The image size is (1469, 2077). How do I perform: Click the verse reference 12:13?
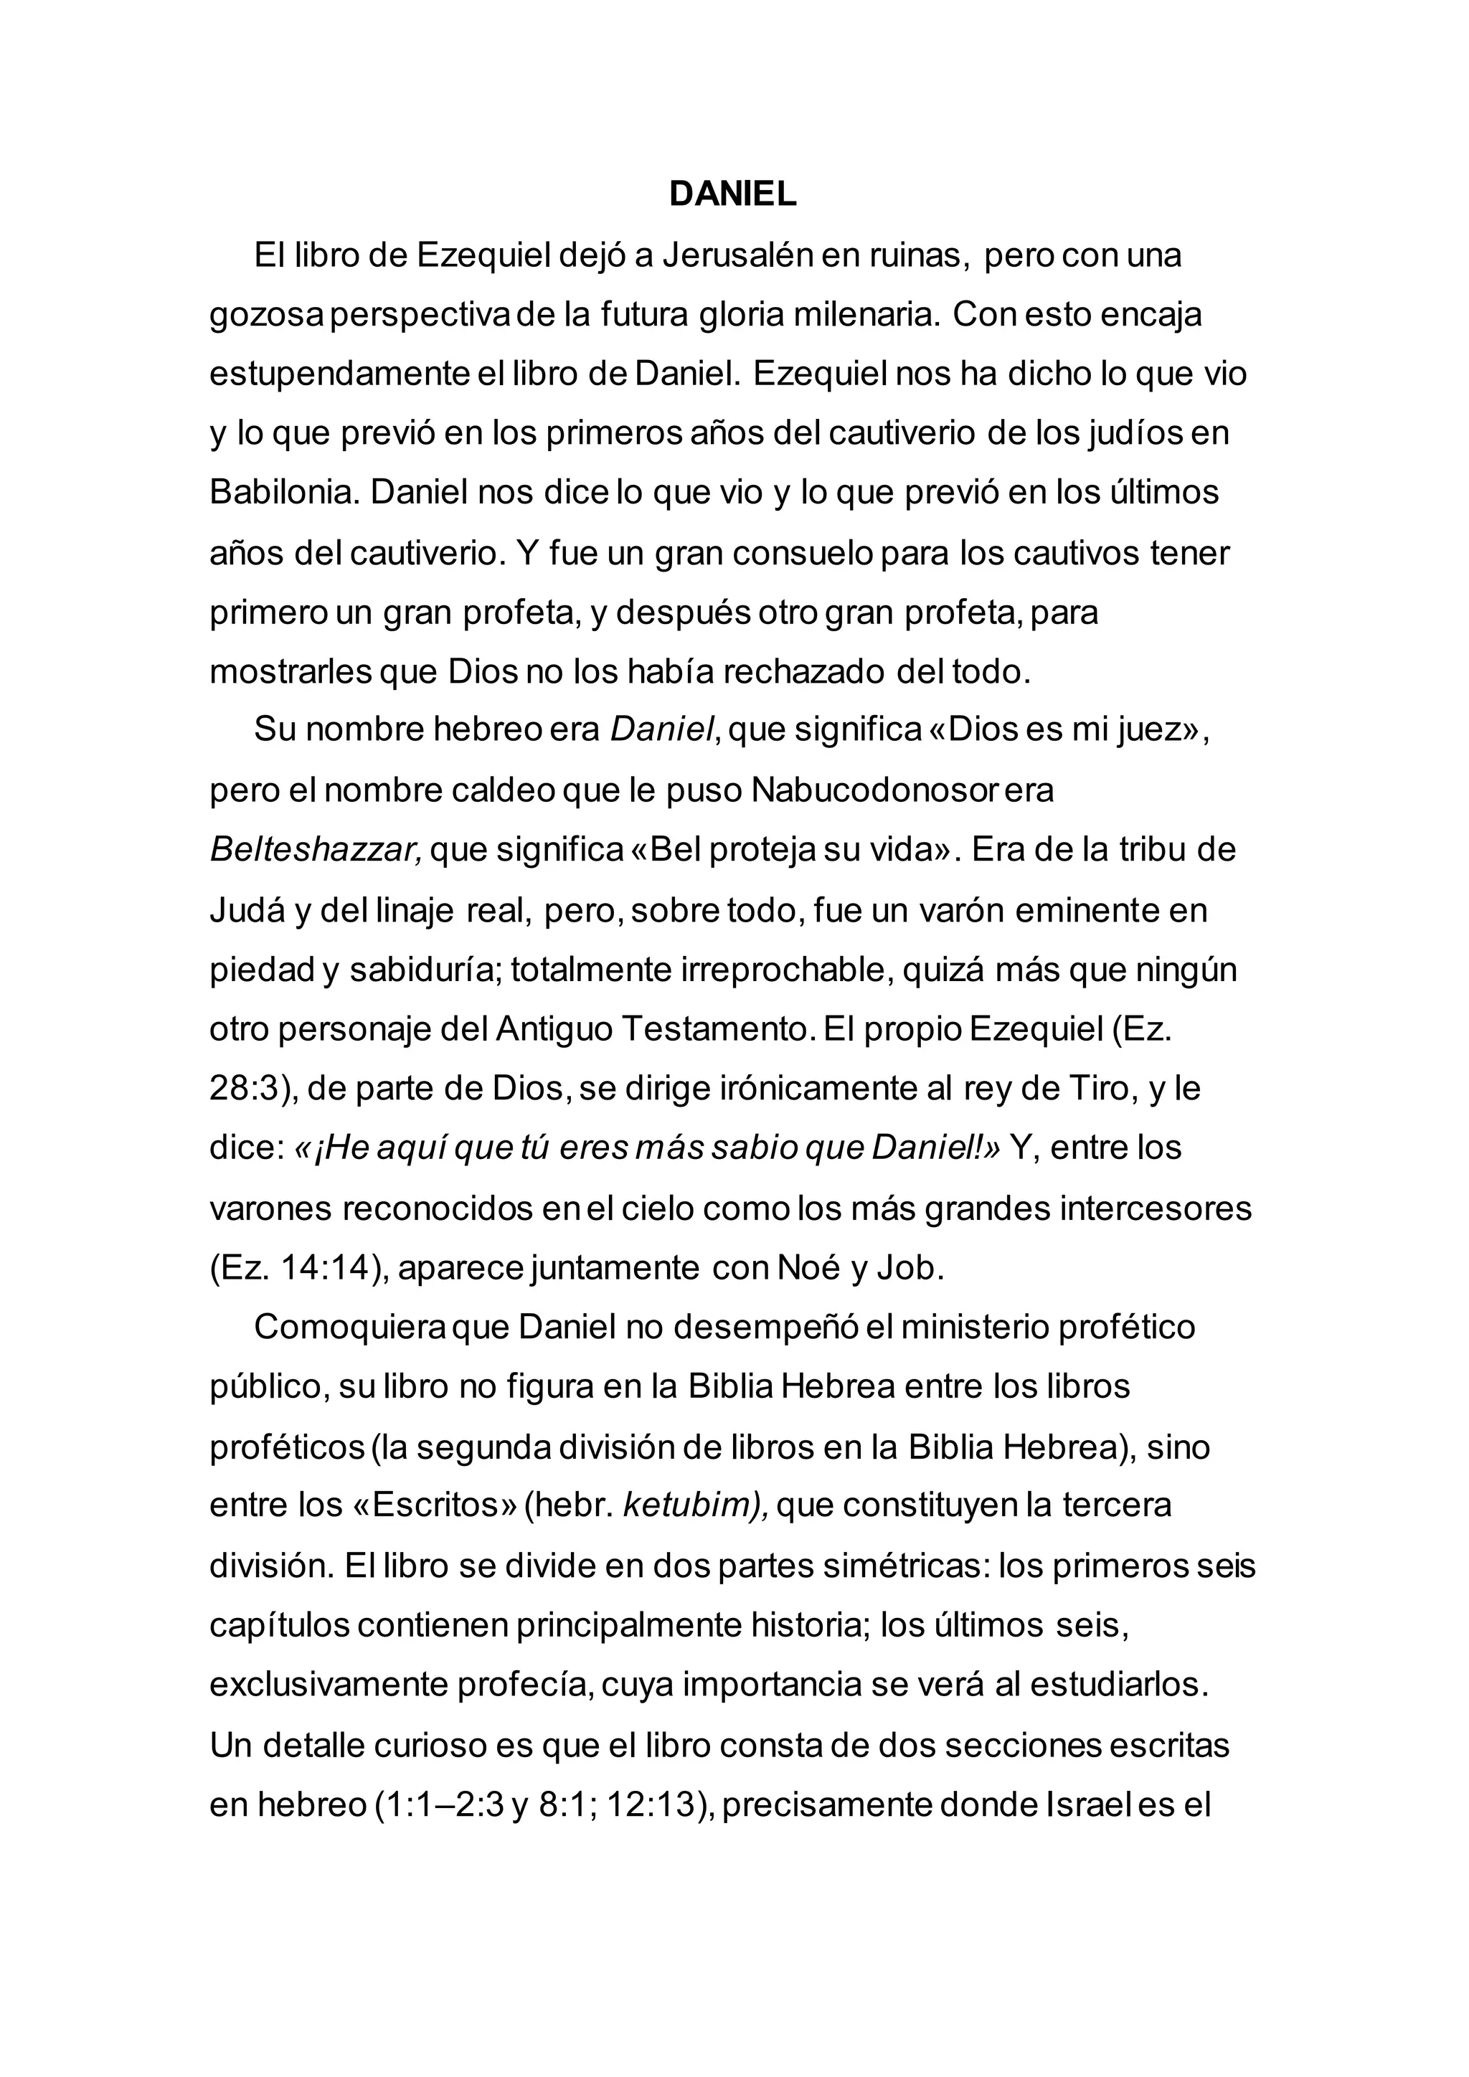[x=655, y=1804]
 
